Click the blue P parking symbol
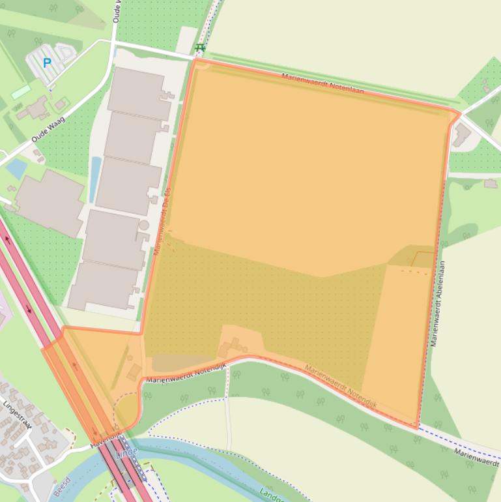pos(46,63)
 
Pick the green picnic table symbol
pos(200,47)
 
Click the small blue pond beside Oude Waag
pos(16,168)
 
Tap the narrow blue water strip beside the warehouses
pos(95,179)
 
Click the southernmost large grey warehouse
pos(103,286)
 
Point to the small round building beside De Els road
pos(144,226)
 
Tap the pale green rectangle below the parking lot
pos(20,92)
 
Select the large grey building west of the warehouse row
pos(50,202)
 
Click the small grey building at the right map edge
pos(491,184)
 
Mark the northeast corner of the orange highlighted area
pos(459,114)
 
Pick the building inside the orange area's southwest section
pos(134,372)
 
